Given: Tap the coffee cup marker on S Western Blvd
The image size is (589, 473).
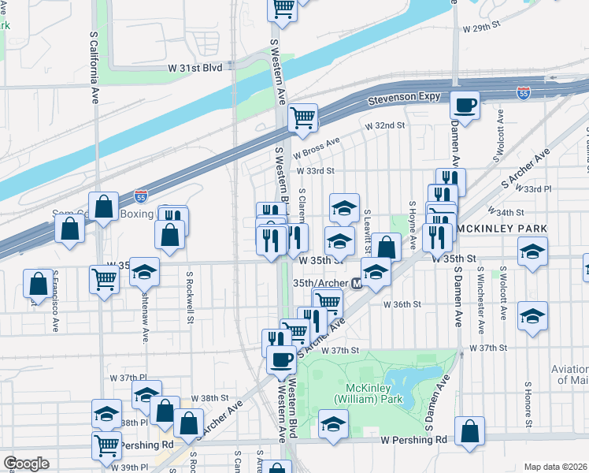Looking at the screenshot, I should point(280,359).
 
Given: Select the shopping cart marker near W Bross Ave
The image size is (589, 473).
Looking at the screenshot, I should point(303,117).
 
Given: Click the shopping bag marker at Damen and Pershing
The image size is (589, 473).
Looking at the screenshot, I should point(469,431).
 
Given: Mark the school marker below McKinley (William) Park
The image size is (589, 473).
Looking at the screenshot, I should point(333,424).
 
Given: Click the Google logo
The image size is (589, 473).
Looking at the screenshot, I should point(26,464).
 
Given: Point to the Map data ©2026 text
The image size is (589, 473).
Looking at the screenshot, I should point(556,467).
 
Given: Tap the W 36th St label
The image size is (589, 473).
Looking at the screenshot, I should point(403,304).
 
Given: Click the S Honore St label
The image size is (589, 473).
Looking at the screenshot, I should point(524,398).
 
